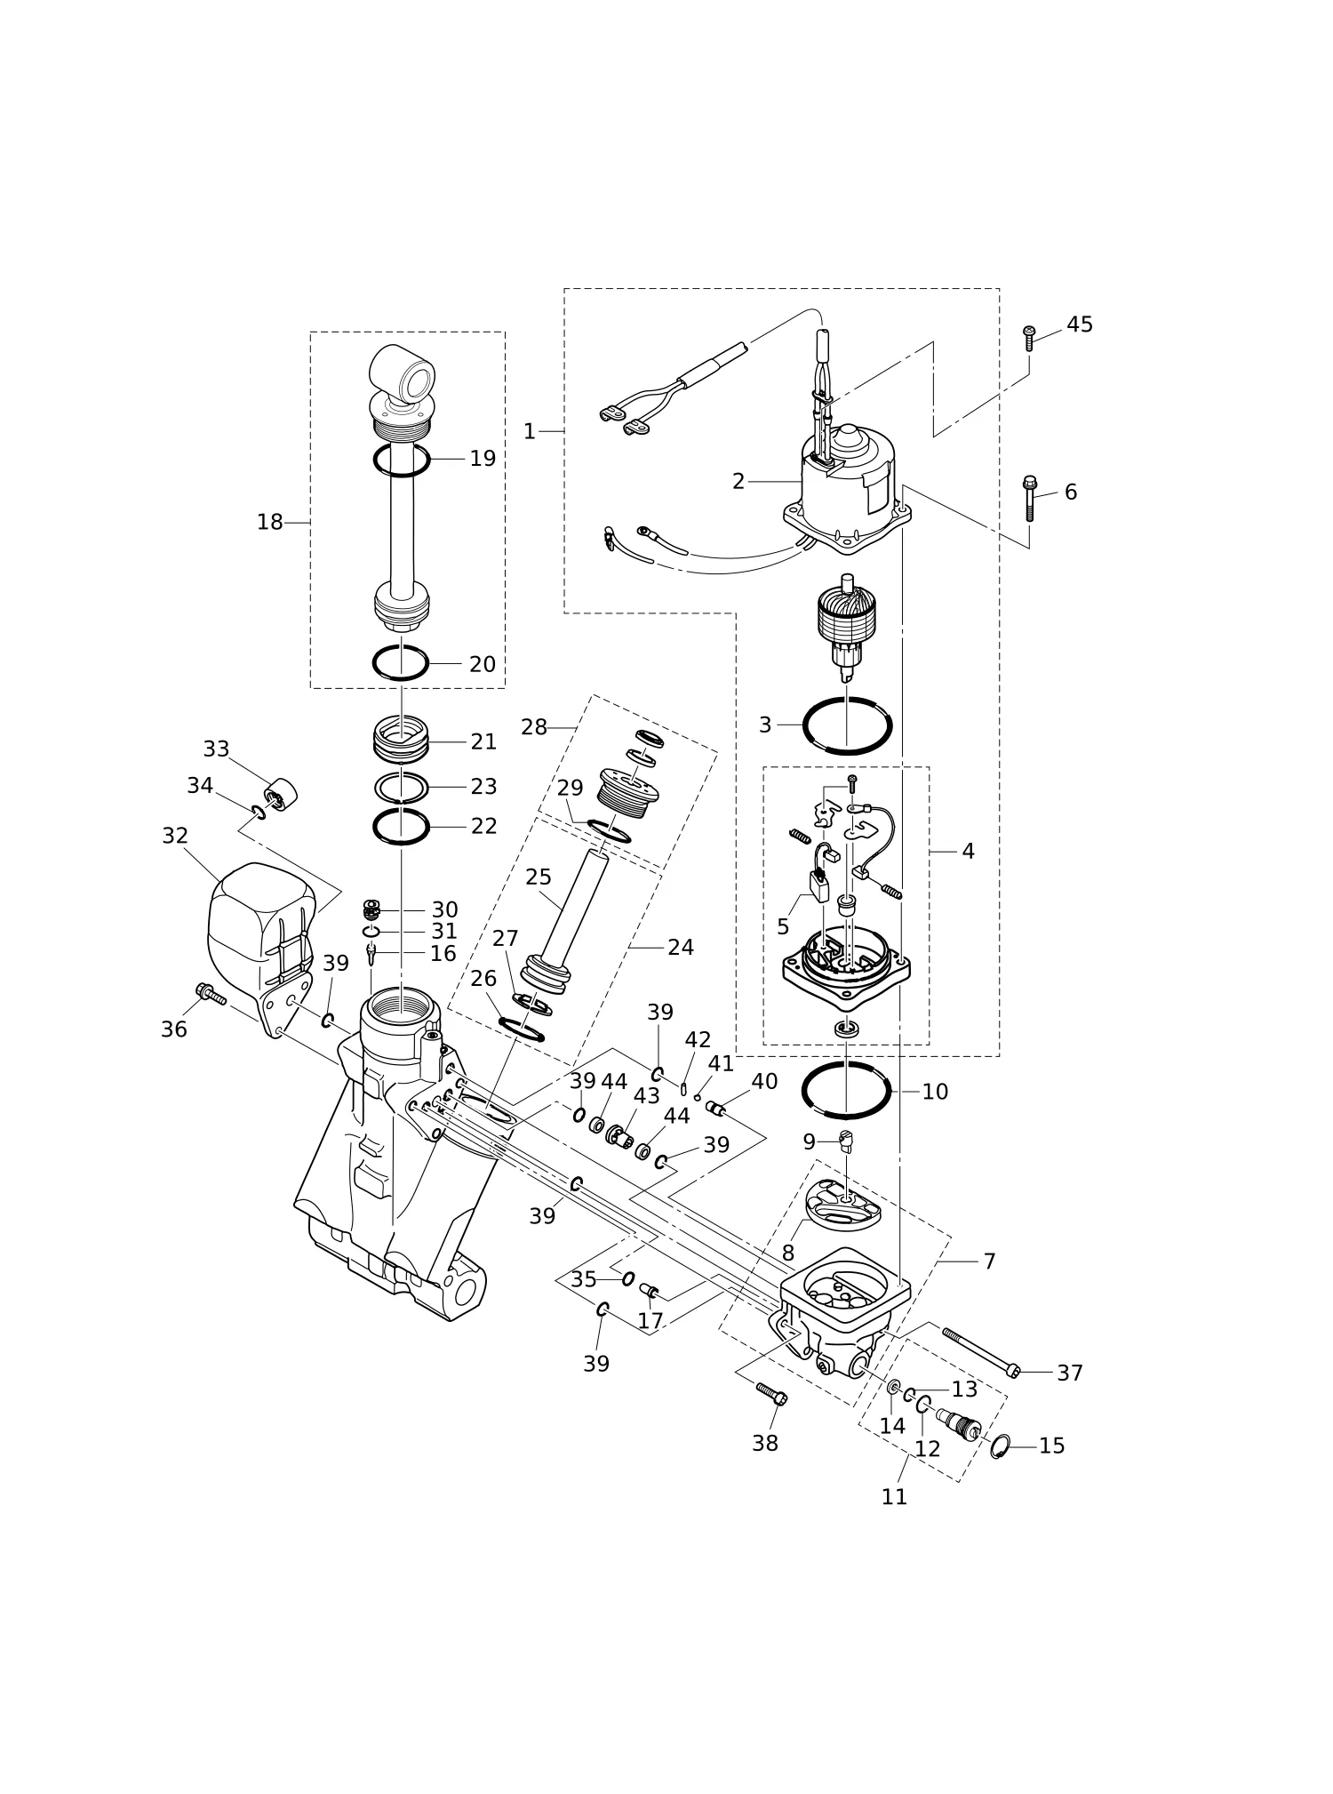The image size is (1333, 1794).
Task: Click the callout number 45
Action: pos(1080,324)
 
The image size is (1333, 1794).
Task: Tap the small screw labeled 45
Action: pos(1029,338)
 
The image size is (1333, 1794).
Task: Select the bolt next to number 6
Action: pos(1030,498)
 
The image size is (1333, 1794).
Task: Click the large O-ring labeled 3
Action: pos(847,725)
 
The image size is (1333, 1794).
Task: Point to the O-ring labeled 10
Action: pos(846,1089)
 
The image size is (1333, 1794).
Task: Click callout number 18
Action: pos(269,523)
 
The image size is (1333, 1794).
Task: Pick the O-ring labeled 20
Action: pos(400,663)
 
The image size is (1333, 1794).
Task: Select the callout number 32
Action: pos(175,836)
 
